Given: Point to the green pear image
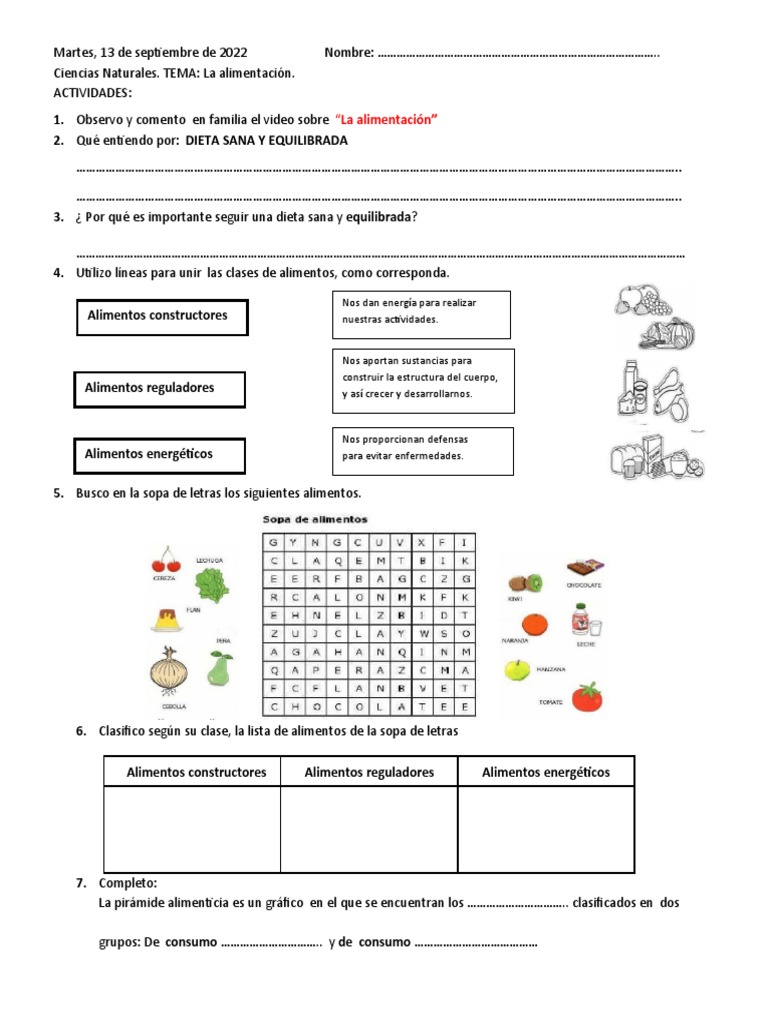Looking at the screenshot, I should tap(221, 667).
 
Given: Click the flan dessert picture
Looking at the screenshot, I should tap(165, 619).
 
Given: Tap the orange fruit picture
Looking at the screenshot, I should tap(535, 625).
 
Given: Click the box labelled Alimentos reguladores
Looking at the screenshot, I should tap(160, 388).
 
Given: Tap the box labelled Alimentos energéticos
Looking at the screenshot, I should tap(161, 455).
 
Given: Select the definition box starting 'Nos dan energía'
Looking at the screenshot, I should tap(420, 314).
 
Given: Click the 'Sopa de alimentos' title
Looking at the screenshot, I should tap(315, 520).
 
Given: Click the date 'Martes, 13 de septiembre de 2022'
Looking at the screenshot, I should tap(150, 53).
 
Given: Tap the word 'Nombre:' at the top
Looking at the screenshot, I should tap(349, 53).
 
